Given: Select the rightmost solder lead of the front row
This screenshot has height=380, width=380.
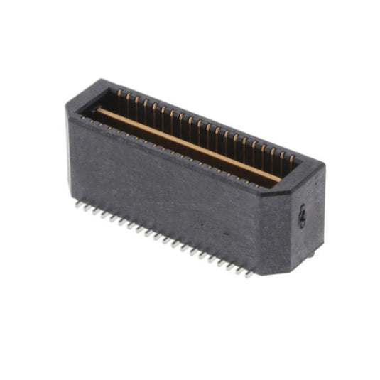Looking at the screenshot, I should [249, 273].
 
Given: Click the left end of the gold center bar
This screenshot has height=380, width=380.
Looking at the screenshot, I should [99, 112].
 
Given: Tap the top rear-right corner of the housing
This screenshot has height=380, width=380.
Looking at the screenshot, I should [324, 166].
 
